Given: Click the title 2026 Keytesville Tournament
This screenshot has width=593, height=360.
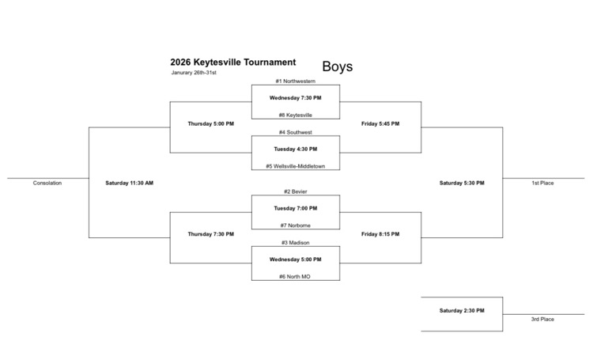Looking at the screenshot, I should coord(232,62).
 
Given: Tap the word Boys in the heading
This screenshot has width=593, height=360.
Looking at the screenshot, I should coord(338,66).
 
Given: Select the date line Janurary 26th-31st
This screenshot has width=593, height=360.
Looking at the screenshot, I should coord(194,73).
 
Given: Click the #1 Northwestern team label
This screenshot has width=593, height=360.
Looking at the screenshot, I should coord(296,81).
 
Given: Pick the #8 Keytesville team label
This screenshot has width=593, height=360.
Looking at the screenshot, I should coord(296,115).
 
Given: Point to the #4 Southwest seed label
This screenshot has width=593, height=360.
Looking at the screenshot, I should coord(296,132).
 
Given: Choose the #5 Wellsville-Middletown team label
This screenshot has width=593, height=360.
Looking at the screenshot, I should coord(296,166).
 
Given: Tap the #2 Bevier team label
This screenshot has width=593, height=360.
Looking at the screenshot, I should coord(296,191).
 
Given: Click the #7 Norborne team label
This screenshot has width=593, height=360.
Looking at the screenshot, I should coord(296,225).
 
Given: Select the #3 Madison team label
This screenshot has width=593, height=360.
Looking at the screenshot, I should coord(296,242).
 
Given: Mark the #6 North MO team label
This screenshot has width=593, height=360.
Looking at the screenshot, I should coord(296,277).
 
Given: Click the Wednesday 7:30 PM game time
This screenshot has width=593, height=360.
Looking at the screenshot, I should coord(296,98).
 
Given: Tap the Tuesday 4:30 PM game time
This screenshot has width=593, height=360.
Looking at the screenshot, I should coord(296,149).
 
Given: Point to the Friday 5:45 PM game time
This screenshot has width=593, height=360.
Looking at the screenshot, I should coord(380,123).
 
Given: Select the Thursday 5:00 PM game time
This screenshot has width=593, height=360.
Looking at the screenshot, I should coord(210,123).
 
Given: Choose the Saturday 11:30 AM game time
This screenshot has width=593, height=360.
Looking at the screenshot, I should coord(129,183).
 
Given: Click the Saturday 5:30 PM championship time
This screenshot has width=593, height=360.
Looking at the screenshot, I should coord(462,183).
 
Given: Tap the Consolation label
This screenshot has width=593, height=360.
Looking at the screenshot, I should coord(47,183).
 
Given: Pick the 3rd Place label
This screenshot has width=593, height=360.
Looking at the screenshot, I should coord(542,319).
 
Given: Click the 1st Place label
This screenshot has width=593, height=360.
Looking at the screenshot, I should coord(542,183).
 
